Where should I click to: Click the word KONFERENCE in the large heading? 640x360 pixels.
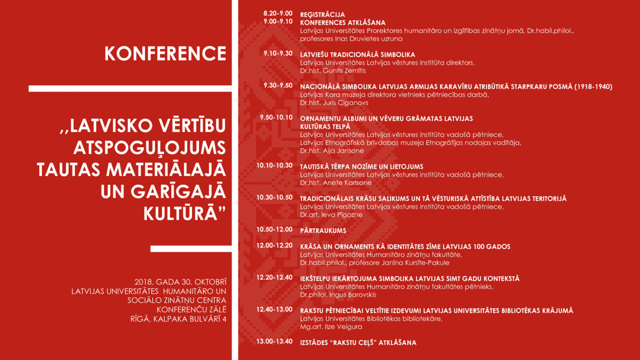click(165, 53)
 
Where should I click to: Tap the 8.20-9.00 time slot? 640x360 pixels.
click(278, 13)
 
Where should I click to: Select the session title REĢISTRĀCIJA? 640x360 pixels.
click(323, 14)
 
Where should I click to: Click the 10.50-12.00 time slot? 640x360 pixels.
click(274, 229)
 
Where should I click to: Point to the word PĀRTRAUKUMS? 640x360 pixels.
click(323, 230)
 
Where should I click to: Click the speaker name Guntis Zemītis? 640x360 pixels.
click(345, 70)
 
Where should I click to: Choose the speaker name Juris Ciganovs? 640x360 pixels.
click(346, 102)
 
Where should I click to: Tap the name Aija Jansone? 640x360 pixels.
click(343, 150)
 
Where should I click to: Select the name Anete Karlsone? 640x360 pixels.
click(347, 182)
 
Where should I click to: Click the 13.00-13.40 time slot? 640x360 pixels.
click(274, 341)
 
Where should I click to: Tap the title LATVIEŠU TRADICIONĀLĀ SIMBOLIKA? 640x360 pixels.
click(357, 54)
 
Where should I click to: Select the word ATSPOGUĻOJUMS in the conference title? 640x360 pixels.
click(150, 148)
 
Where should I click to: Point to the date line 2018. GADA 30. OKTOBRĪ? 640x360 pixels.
click(181, 282)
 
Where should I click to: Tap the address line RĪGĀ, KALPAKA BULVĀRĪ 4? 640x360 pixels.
click(178, 319)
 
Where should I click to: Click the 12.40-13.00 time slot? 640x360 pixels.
click(274, 309)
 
